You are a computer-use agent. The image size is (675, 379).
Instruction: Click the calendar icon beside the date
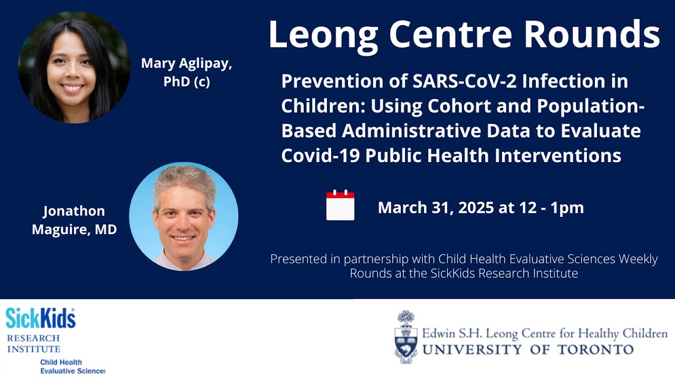tap(340, 205)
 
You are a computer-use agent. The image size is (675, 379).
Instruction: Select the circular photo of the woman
tap(74, 67)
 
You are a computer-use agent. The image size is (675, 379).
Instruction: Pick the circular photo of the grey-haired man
tap(184, 216)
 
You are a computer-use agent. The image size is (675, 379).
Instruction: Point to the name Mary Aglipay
tap(186, 64)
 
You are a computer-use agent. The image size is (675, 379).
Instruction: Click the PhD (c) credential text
tap(186, 83)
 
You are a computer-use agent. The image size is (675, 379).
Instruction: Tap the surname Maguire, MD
tap(74, 230)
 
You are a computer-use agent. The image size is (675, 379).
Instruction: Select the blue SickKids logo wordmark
tap(41, 318)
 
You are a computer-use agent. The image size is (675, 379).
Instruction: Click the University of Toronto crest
tap(406, 337)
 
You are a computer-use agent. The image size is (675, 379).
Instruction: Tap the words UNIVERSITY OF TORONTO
tap(527, 350)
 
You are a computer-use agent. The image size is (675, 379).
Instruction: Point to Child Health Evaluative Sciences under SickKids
tap(72, 367)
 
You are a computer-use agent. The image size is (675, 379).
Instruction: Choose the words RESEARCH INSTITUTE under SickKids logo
tap(33, 343)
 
